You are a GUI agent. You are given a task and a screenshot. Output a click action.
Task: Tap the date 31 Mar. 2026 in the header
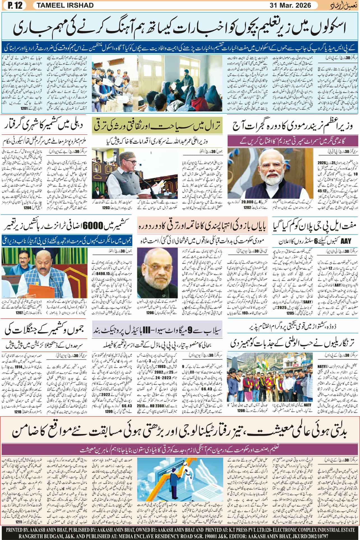pyautogui.click(x=290, y=5)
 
